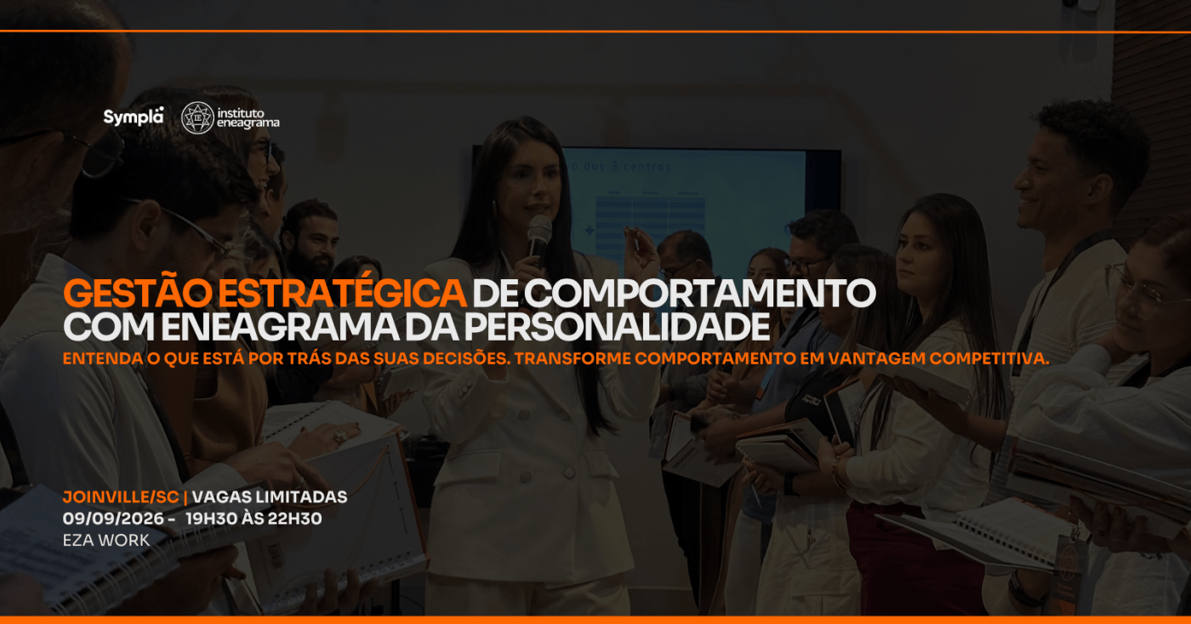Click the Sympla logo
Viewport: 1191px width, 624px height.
point(134,117)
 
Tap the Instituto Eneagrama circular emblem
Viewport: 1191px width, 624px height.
point(197,117)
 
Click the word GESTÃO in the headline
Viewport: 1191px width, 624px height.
point(137,293)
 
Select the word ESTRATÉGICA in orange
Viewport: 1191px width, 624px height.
point(342,293)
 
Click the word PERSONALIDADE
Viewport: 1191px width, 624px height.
point(618,327)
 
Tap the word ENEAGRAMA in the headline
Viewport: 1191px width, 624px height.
point(280,327)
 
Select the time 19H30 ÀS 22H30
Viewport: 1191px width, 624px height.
point(254,518)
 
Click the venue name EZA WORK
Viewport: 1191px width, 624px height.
point(106,541)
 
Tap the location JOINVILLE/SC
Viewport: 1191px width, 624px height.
point(121,497)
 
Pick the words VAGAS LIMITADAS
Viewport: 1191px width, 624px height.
point(270,497)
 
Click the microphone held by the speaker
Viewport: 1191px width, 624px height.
point(539,239)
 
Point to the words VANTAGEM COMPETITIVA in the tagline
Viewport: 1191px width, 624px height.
point(938,358)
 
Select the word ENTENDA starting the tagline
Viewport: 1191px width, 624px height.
point(103,358)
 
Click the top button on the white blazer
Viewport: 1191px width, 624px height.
point(524,414)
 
